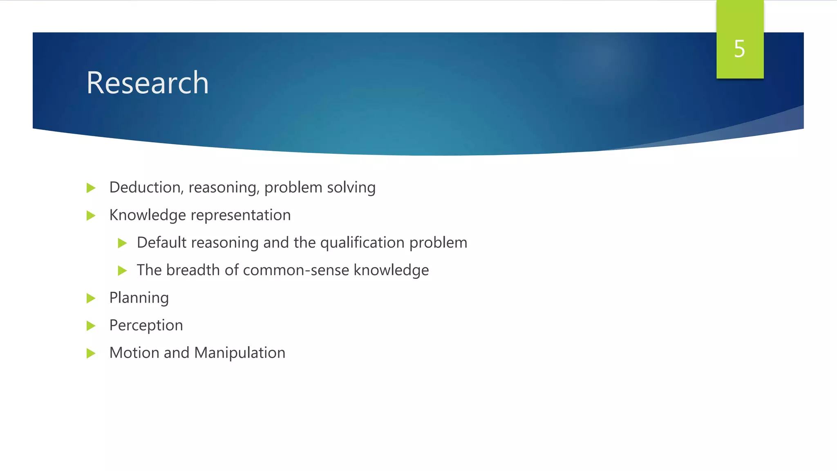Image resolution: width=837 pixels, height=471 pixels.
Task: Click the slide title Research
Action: pyautogui.click(x=147, y=83)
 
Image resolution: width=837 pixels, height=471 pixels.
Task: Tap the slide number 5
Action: pyautogui.click(x=739, y=49)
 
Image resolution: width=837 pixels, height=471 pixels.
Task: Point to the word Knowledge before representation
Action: pyautogui.click(x=148, y=215)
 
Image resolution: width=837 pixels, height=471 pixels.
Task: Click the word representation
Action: pyautogui.click(x=241, y=215)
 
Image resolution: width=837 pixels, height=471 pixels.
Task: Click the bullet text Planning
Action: pyautogui.click(x=139, y=298)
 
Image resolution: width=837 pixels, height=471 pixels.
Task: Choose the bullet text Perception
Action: pyautogui.click(x=146, y=325)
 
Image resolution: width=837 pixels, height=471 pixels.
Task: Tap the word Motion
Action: pyautogui.click(x=134, y=353)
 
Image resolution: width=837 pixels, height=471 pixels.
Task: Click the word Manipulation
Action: pyautogui.click(x=239, y=353)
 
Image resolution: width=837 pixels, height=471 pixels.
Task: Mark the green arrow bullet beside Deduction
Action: pyautogui.click(x=91, y=188)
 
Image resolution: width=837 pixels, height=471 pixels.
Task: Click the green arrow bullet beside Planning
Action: pyautogui.click(x=91, y=298)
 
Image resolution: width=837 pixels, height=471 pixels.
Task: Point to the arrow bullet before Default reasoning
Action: pyautogui.click(x=122, y=243)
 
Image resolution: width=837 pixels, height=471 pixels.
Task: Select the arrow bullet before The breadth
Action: pyautogui.click(x=122, y=271)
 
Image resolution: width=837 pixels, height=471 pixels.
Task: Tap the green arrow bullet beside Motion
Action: pyautogui.click(x=91, y=353)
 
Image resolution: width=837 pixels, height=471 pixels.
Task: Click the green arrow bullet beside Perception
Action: pyautogui.click(x=91, y=326)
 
